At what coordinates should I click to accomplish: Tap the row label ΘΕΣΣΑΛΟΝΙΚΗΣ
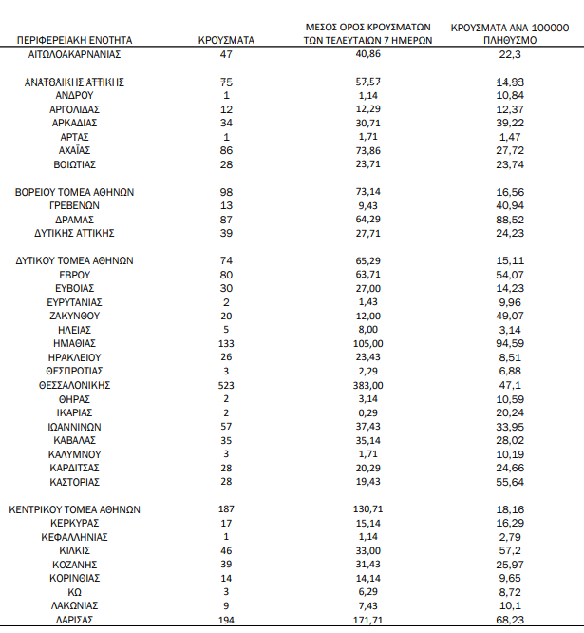tap(74, 385)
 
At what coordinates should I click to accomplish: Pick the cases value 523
tap(226, 385)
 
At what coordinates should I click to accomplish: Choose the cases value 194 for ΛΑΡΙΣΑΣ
tap(226, 619)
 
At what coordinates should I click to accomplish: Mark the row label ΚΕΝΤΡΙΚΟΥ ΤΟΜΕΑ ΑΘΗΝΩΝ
tap(74, 508)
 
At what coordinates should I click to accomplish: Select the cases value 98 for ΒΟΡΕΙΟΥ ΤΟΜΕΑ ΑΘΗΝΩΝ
tap(226, 192)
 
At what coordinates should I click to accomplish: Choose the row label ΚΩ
tap(74, 591)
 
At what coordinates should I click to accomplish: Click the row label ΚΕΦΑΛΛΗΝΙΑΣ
tap(74, 536)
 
